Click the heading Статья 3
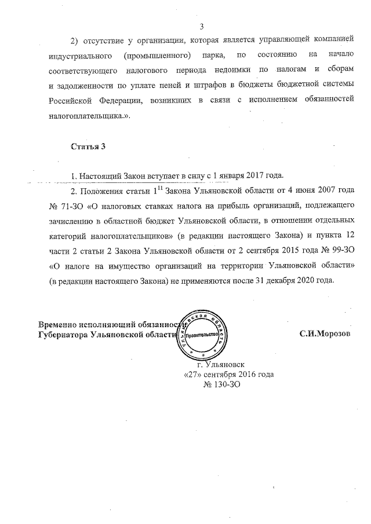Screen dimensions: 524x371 point(88,146)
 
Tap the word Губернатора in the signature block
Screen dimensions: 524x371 point(63,335)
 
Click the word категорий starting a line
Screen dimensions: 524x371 point(70,236)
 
